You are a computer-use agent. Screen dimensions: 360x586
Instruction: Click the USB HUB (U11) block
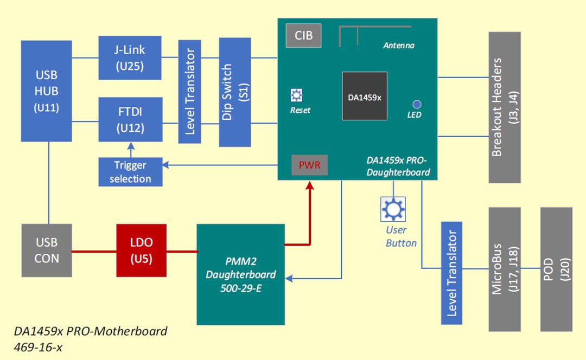pyautogui.click(x=46, y=91)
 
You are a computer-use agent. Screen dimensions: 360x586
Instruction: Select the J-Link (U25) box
pyautogui.click(x=130, y=58)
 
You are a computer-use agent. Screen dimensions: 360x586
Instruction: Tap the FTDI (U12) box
pyautogui.click(x=130, y=119)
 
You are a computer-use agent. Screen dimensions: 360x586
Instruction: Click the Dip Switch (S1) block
pyautogui.click(x=235, y=92)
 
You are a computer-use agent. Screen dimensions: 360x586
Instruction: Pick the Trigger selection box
pyautogui.click(x=130, y=172)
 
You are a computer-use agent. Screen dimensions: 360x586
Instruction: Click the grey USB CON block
pyautogui.click(x=46, y=250)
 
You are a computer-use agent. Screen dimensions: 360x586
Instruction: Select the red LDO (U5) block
pyautogui.click(x=142, y=250)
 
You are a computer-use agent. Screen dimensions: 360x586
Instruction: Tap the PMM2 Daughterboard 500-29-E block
pyautogui.click(x=240, y=274)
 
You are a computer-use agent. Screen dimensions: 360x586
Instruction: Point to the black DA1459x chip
pyautogui.click(x=364, y=96)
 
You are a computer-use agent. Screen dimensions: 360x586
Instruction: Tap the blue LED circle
pyautogui.click(x=417, y=104)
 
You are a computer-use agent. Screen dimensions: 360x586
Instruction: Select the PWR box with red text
pyautogui.click(x=309, y=165)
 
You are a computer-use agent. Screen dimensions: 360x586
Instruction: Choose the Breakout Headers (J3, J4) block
pyautogui.click(x=505, y=107)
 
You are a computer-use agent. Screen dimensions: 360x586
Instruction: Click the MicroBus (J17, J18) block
pyautogui.click(x=505, y=269)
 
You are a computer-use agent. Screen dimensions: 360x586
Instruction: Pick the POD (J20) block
pyautogui.click(x=556, y=269)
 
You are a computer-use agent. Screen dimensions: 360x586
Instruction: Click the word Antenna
pyautogui.click(x=398, y=46)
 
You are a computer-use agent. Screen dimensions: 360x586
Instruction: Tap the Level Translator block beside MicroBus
pyautogui.click(x=451, y=273)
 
